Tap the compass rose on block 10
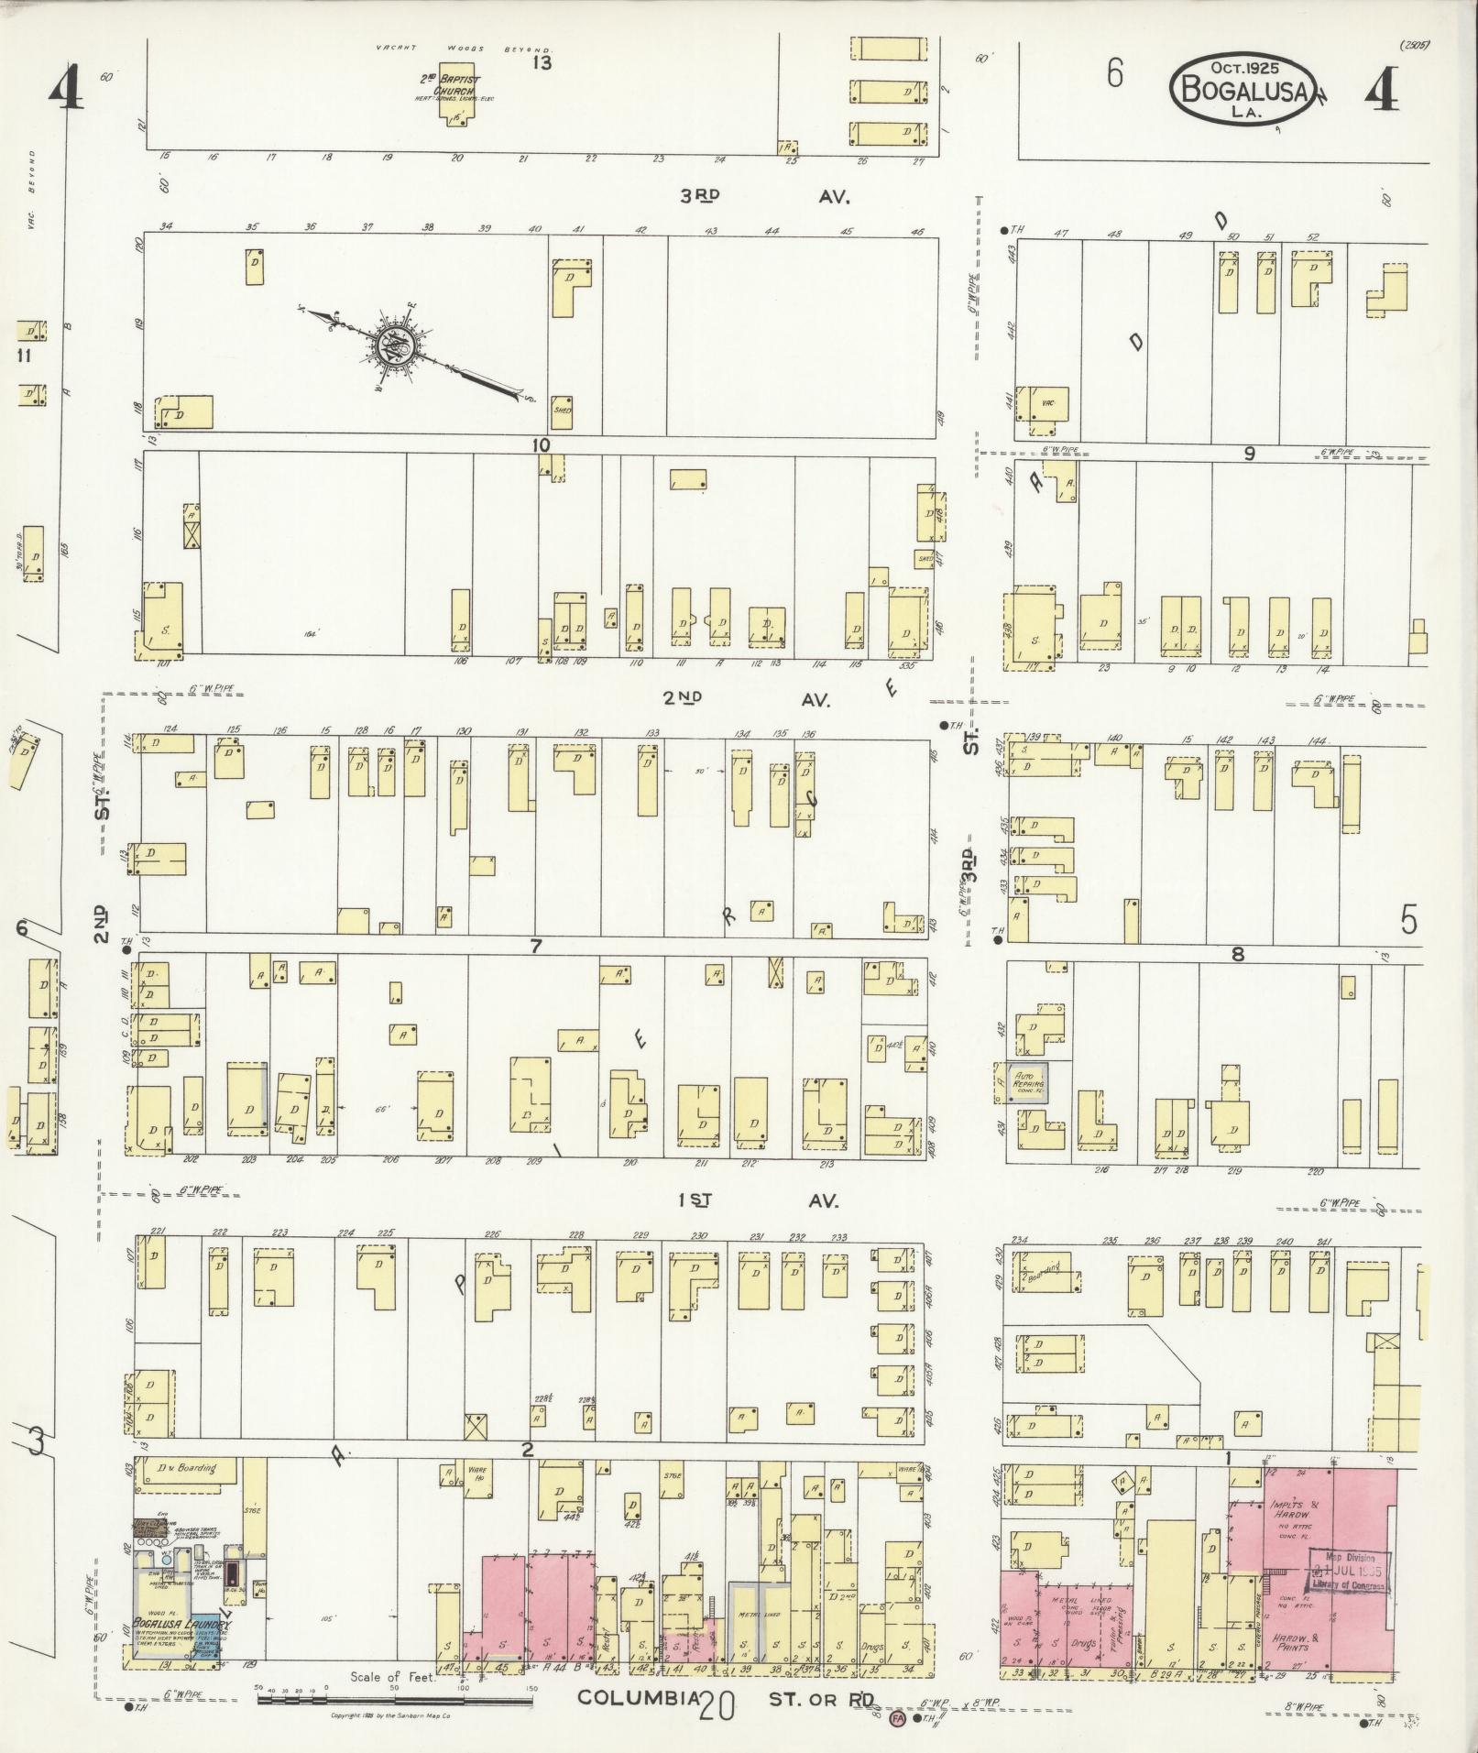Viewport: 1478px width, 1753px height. coord(395,345)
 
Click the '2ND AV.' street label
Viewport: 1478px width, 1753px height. coord(747,699)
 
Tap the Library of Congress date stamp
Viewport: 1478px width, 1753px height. coord(1345,1572)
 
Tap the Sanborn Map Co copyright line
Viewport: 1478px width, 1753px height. coord(383,1715)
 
